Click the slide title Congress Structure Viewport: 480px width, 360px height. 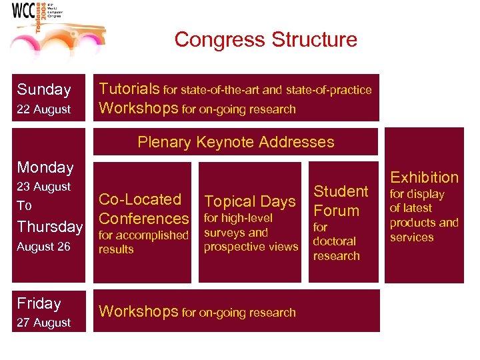(x=265, y=40)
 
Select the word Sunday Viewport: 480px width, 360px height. (x=44, y=89)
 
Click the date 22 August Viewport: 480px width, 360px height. (x=44, y=109)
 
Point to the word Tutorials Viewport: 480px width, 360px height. (x=129, y=89)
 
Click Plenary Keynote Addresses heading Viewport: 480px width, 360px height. (x=235, y=142)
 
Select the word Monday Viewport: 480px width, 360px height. (x=45, y=167)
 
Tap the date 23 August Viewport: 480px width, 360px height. (x=44, y=187)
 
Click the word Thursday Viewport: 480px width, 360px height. (x=50, y=227)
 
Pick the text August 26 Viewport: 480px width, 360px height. (x=44, y=247)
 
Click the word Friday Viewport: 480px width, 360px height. (x=39, y=303)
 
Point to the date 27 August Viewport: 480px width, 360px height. (x=44, y=323)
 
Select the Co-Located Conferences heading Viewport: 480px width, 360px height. (x=143, y=209)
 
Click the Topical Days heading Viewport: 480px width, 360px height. (x=250, y=201)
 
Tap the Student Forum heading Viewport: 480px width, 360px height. (x=341, y=201)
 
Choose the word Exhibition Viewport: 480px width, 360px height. (x=424, y=177)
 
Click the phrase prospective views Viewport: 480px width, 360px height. (x=251, y=247)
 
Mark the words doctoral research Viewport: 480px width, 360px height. (x=336, y=249)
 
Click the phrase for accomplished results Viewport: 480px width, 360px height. (x=143, y=242)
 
